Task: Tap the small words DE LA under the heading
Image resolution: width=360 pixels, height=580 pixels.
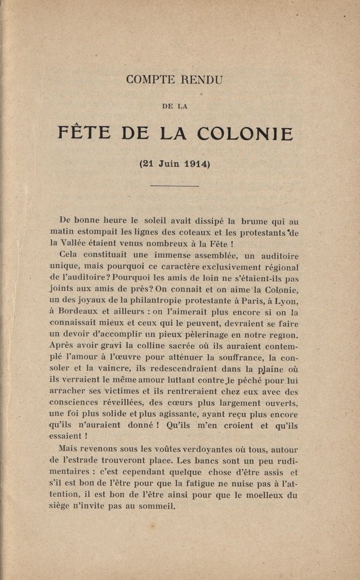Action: pyautogui.click(x=175, y=106)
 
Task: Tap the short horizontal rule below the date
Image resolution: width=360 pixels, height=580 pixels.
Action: pyautogui.click(x=175, y=186)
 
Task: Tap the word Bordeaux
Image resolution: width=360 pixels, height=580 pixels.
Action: pyautogui.click(x=80, y=312)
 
